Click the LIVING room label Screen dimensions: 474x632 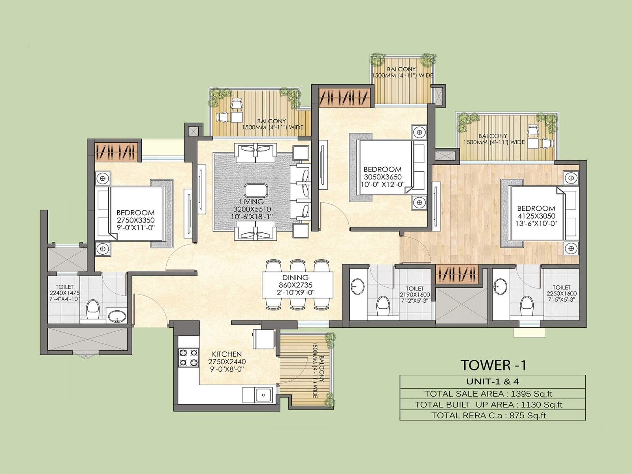252,202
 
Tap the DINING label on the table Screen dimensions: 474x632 295,278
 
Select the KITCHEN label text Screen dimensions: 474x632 227,354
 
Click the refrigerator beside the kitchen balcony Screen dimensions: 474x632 262,339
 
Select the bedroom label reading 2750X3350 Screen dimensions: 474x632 135,220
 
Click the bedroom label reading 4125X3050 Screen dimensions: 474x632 536,216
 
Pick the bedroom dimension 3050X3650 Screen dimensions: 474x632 382,177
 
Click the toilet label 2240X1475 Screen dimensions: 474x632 64,293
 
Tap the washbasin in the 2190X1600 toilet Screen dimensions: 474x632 358,285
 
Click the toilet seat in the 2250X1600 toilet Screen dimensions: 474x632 525,304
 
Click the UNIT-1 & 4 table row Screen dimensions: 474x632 493,381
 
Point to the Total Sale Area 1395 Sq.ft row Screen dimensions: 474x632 493,393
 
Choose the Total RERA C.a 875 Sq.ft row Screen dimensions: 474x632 493,415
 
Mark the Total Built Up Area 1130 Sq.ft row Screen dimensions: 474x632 493,404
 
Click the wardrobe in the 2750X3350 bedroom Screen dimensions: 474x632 117,152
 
